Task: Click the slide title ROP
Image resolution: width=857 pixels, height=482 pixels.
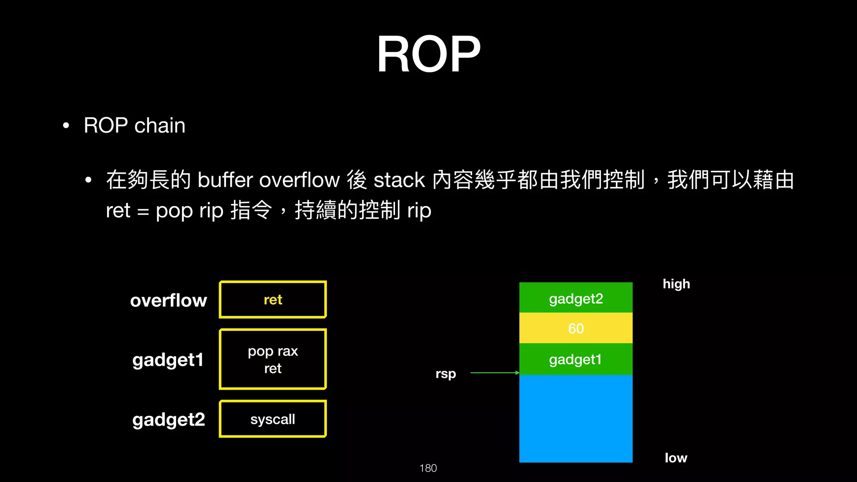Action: [x=428, y=54]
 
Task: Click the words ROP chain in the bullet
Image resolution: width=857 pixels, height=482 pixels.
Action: [x=134, y=126]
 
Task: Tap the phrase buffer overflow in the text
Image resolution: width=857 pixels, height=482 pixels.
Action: [x=268, y=180]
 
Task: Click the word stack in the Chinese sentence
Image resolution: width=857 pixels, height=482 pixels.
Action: [x=399, y=180]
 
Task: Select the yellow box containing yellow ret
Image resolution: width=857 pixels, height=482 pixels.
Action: [x=273, y=300]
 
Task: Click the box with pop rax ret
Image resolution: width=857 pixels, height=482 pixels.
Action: [x=273, y=359]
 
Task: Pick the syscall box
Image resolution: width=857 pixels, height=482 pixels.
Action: [x=273, y=419]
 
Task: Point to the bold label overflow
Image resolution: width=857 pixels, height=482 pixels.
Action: [x=168, y=300]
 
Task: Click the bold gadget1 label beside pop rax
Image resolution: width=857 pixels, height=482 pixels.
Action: [x=168, y=360]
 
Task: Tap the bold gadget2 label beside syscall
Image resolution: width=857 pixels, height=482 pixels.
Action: [x=169, y=420]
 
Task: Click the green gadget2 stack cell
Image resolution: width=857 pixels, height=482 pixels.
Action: [x=576, y=298]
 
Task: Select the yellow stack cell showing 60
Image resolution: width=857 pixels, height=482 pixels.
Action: [x=576, y=328]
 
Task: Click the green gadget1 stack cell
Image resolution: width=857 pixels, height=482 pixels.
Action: [x=576, y=359]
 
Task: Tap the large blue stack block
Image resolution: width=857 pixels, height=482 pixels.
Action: [x=576, y=418]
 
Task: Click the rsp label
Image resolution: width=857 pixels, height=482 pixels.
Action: [x=446, y=373]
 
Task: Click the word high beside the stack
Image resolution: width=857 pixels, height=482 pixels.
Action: [x=676, y=284]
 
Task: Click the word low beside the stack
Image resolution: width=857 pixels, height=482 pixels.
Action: [x=676, y=458]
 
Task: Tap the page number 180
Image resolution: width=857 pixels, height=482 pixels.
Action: [x=428, y=468]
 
